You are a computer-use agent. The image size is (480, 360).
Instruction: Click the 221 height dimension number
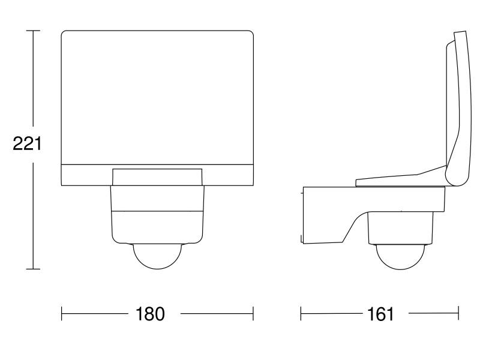[x=27, y=143]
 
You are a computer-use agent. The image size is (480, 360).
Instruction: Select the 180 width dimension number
[x=150, y=314]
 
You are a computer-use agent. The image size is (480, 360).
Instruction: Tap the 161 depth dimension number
[x=380, y=314]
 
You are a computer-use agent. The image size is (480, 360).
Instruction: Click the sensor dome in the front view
[x=157, y=257]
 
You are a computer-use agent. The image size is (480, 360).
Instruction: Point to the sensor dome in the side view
[x=400, y=257]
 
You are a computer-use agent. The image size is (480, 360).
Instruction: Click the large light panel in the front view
[x=157, y=98]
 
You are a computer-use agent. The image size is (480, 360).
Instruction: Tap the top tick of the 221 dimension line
[x=33, y=31]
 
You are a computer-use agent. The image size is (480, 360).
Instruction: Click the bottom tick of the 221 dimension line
[x=33, y=269]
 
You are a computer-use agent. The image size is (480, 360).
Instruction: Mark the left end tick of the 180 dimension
[x=62, y=314]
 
